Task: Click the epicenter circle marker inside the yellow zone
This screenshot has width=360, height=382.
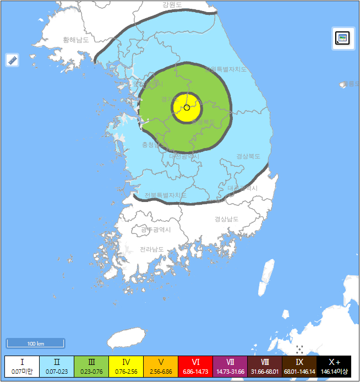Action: pos(187,108)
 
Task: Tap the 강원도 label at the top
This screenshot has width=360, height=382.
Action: pos(172,5)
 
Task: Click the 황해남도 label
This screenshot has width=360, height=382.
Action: pos(76,40)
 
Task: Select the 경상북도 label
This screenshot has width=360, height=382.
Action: pos(248,156)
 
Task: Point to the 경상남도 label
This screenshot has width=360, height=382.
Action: pos(226,219)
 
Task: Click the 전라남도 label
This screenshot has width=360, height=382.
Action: pos(151,249)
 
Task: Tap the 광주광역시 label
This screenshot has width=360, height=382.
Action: pos(156,230)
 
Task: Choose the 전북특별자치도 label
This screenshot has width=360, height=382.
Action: pos(165,195)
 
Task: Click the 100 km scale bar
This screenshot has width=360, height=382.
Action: pos(35,343)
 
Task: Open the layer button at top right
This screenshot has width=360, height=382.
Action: pos(342,38)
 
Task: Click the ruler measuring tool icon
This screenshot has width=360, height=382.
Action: pos(13,60)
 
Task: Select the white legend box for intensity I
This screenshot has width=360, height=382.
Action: pos(22,366)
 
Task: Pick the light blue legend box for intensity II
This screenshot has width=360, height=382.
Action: pos(56,366)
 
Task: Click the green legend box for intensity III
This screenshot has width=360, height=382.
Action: pos(91,366)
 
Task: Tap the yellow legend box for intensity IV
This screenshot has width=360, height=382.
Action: pos(126,366)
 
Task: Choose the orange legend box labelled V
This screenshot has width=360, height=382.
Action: pos(161,366)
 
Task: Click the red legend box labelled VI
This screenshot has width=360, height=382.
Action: pos(195,366)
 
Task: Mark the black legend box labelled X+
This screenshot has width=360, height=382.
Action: pos(334,366)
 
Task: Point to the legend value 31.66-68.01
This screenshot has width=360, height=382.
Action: pos(265,372)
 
